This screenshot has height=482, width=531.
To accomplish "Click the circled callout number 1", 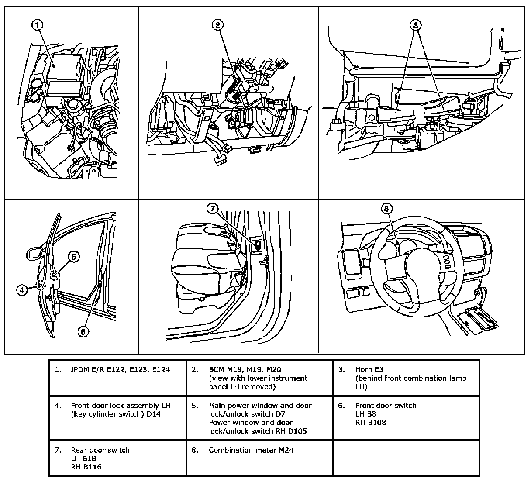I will [38, 25].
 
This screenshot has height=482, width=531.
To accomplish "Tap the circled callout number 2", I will [217, 25].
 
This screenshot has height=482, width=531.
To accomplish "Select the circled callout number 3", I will [415, 25].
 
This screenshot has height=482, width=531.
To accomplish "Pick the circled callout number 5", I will [73, 257].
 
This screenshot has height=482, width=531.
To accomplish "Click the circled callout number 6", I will [84, 331].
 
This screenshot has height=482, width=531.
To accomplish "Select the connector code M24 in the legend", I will [286, 450].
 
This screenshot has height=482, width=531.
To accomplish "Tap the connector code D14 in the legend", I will [152, 414].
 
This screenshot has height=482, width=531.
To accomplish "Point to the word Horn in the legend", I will [363, 370].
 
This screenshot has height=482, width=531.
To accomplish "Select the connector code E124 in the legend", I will [159, 370].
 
